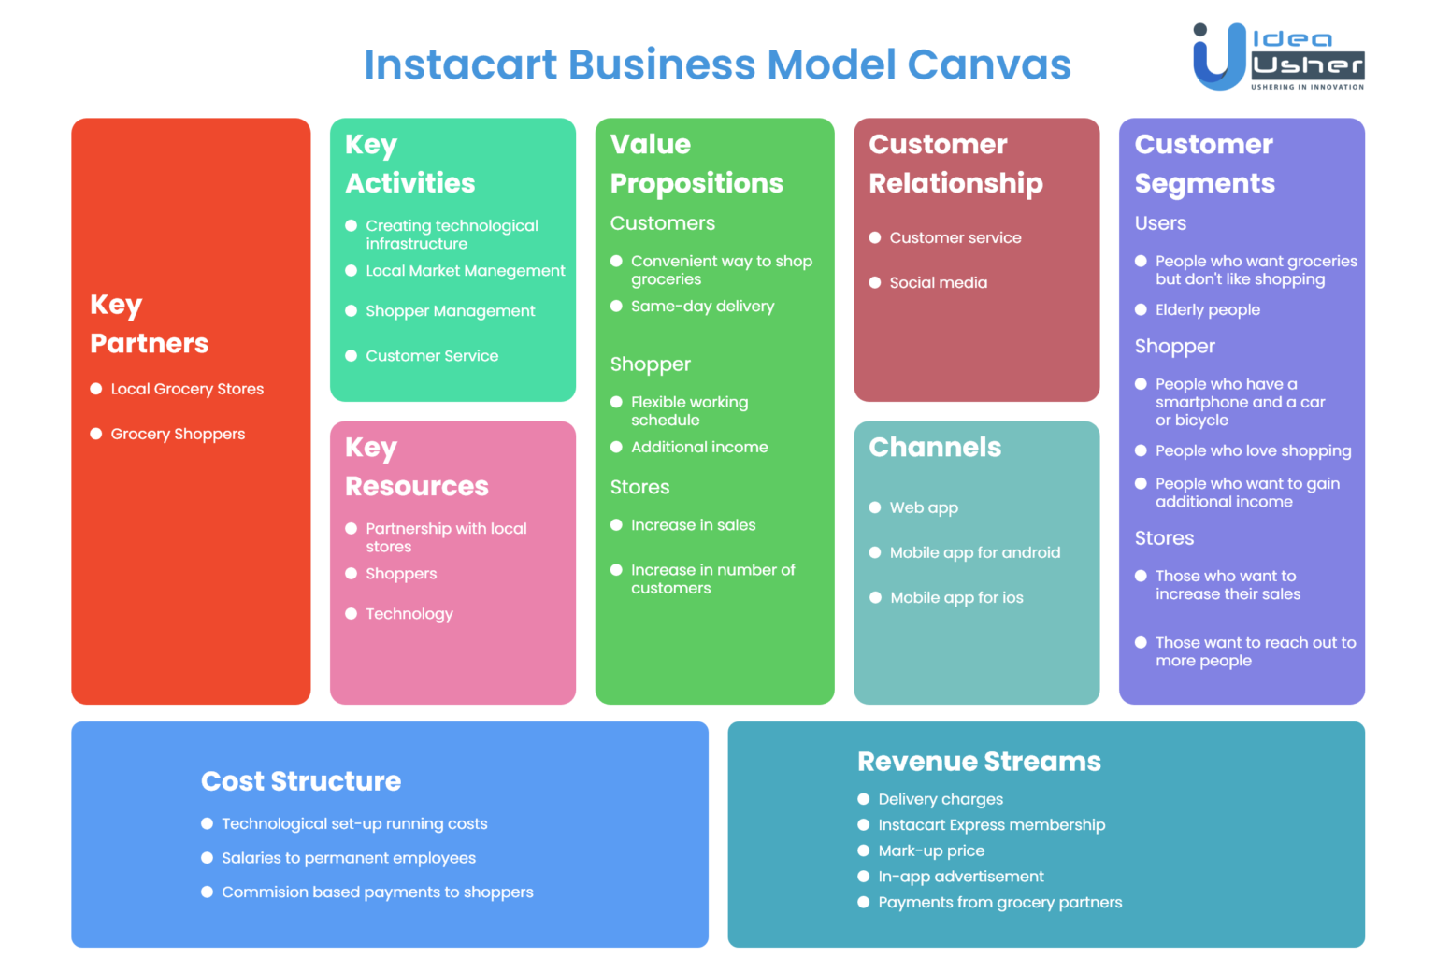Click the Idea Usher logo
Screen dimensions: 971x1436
point(1277,57)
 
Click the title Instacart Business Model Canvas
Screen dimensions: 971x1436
point(717,64)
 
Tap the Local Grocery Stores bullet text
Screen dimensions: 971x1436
point(187,389)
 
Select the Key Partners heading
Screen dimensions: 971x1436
point(149,324)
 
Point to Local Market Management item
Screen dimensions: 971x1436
point(465,271)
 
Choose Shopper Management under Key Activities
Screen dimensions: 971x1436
point(450,311)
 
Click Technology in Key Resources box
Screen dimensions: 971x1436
point(409,614)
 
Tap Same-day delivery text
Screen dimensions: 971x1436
point(702,307)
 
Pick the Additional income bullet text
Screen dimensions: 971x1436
point(699,448)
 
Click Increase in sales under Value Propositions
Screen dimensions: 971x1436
point(693,525)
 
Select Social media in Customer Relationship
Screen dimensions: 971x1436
point(938,283)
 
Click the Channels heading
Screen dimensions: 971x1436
point(935,448)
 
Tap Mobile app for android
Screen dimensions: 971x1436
point(974,553)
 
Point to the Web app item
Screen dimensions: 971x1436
point(924,508)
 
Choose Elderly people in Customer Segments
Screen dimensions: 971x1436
point(1207,310)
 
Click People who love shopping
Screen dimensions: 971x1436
point(1253,451)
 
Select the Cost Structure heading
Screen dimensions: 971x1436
point(301,781)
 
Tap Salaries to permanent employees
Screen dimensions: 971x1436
point(349,858)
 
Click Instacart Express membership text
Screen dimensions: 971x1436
point(991,825)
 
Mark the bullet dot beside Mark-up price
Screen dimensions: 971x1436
point(864,850)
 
